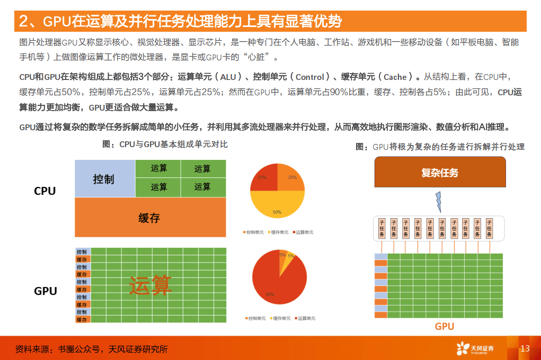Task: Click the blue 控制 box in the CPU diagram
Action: coord(104,178)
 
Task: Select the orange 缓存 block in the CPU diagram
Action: coord(150,217)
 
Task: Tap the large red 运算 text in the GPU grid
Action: coord(150,286)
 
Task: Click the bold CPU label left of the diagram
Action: coord(45,191)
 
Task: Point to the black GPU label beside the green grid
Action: coord(45,291)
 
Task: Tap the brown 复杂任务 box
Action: coord(440,173)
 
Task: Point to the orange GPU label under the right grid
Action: coord(444,326)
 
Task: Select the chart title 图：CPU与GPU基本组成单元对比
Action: coord(165,144)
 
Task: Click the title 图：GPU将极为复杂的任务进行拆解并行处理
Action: coord(440,147)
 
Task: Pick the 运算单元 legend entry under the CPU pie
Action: coord(303,232)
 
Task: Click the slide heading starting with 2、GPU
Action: coord(180,22)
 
